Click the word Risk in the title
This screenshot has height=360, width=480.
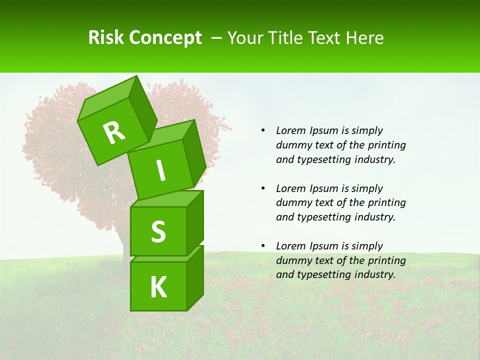106,37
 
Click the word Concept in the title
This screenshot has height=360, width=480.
165,38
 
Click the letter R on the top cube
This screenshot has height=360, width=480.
114,132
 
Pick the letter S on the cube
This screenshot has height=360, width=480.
158,231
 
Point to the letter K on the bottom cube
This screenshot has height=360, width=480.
158,287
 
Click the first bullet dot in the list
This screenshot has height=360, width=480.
263,130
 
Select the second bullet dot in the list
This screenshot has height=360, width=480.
263,188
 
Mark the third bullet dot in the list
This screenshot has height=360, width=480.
263,246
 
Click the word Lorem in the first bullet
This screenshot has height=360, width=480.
290,130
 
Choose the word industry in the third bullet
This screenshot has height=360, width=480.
374,274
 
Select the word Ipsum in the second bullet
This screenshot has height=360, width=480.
323,188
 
